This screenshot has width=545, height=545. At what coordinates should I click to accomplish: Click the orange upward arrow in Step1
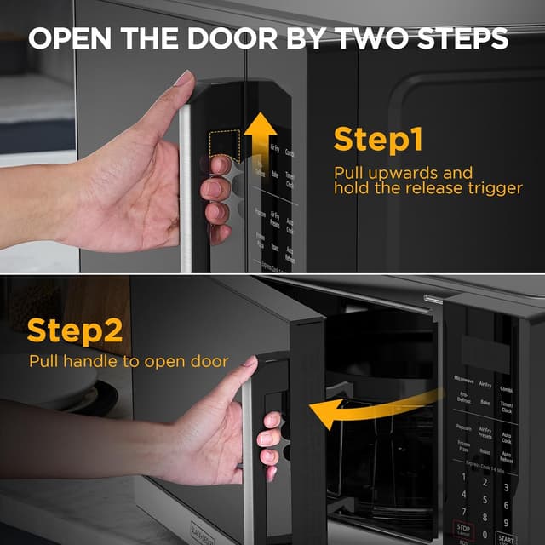click(x=261, y=136)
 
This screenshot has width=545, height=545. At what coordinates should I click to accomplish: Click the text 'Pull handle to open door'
click(x=129, y=361)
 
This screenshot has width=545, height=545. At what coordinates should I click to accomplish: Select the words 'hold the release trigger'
click(x=427, y=188)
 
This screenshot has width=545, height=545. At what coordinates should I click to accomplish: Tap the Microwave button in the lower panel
click(x=462, y=380)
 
